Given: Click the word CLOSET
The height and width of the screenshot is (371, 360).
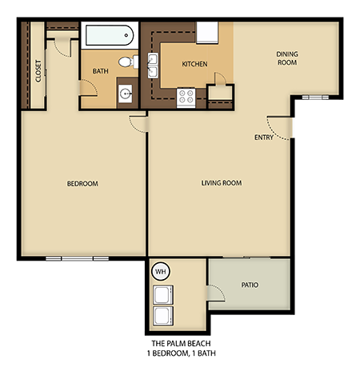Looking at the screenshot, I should [x=38, y=71].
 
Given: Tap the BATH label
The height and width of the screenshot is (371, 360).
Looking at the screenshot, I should [x=100, y=71].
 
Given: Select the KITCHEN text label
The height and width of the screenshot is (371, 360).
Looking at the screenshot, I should [x=195, y=63].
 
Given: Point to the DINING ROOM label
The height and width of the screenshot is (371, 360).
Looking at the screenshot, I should [x=287, y=58].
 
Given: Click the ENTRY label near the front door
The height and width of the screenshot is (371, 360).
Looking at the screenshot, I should [x=263, y=137].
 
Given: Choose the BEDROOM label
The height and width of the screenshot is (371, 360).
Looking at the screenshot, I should [x=82, y=184].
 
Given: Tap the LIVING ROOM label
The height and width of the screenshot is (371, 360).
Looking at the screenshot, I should [x=221, y=183].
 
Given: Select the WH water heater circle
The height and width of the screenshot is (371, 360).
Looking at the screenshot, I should [x=160, y=270].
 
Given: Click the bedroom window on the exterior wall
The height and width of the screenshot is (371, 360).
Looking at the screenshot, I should [x=77, y=258].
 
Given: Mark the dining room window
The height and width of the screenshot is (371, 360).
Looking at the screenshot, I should [x=316, y=97].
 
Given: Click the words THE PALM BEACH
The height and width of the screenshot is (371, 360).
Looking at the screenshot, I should [x=179, y=341].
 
